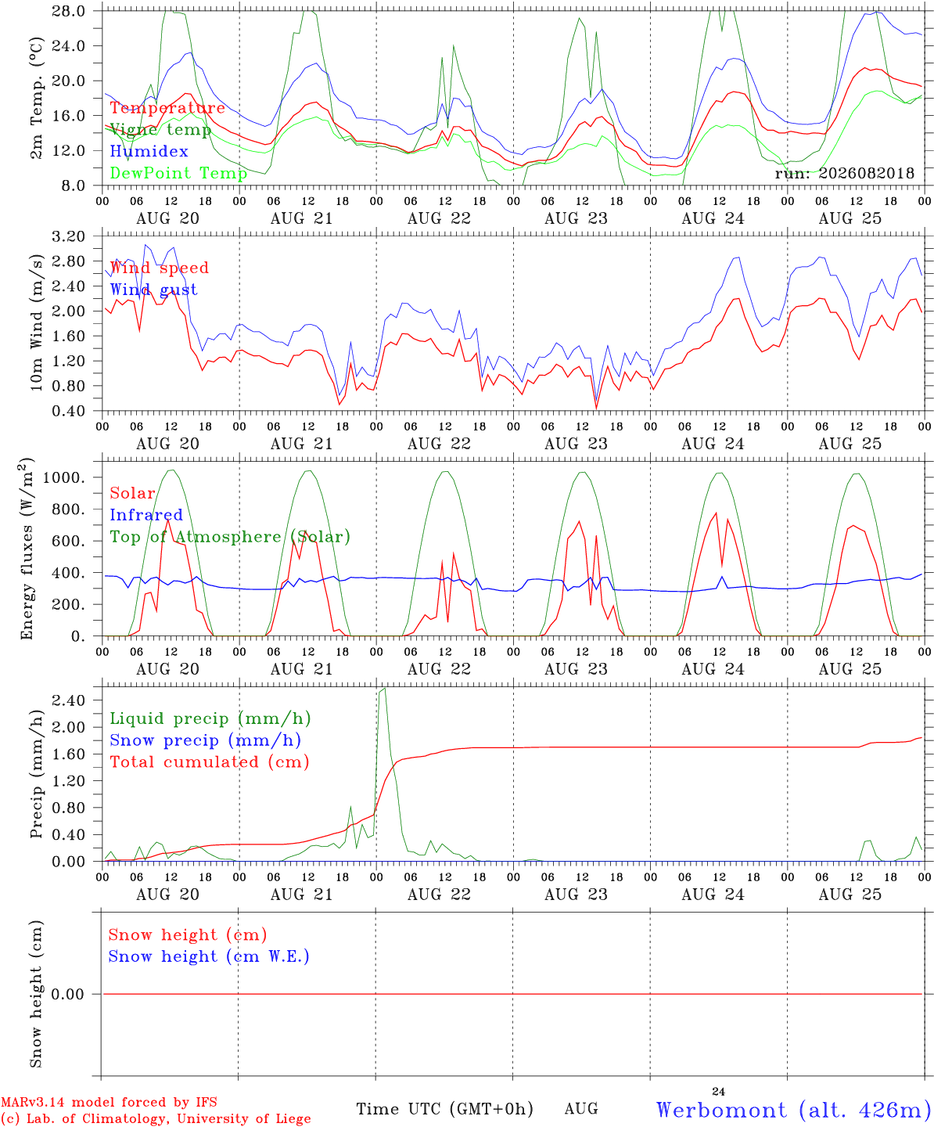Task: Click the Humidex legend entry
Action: coord(149,151)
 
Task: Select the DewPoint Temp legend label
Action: coord(178,173)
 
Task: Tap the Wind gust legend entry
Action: coord(154,290)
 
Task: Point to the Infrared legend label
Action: coord(146,515)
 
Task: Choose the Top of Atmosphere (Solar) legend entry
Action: coord(231,537)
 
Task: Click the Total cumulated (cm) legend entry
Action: coord(210,762)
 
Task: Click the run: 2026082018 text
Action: coord(844,173)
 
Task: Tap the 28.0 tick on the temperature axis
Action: coord(69,11)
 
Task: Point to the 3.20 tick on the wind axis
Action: coord(69,236)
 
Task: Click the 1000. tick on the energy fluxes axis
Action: coord(64,477)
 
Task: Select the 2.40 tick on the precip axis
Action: coord(69,700)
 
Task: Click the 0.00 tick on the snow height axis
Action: coord(67,994)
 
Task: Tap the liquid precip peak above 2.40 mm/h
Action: coord(383,690)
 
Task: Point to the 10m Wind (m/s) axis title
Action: coord(36,322)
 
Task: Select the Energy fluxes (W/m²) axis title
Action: coord(27,549)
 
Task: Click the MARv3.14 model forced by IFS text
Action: coord(109,1102)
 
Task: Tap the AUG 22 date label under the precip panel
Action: coord(439,895)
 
